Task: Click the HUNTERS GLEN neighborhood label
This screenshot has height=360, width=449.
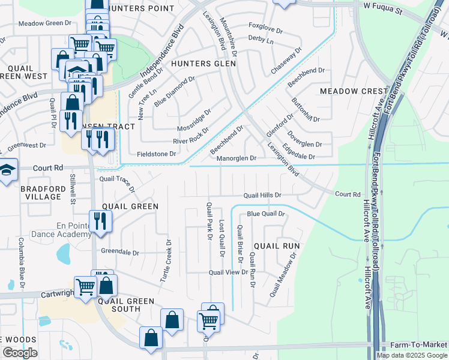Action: click(199, 63)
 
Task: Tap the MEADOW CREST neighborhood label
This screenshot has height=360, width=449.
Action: click(354, 91)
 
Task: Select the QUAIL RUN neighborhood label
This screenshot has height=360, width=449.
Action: click(276, 246)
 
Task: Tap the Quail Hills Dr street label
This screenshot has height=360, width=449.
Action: click(262, 195)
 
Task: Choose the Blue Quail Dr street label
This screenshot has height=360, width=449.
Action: click(265, 214)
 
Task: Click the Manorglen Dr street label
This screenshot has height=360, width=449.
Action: click(237, 158)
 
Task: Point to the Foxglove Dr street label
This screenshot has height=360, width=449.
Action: click(265, 26)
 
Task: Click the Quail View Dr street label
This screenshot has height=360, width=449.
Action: click(228, 272)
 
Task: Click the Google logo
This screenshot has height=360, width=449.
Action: click(20, 353)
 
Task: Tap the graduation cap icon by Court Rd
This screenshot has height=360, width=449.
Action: click(7, 172)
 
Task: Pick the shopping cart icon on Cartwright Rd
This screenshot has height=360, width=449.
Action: click(85, 286)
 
